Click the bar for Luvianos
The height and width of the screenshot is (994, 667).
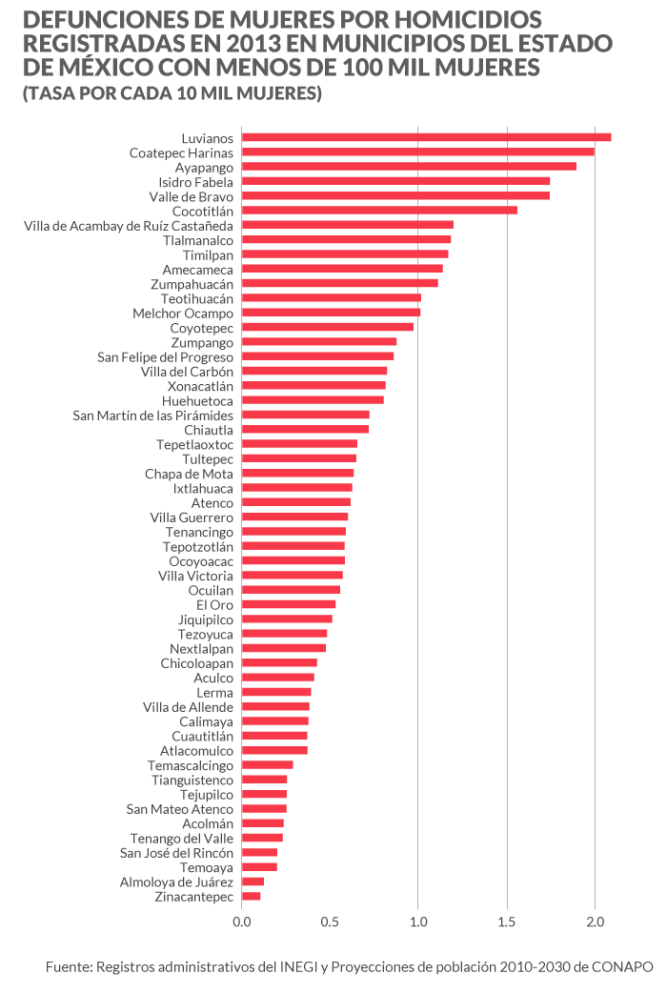[x=426, y=137]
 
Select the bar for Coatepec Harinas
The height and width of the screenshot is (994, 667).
[x=417, y=152]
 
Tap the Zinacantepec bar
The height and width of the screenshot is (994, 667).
[x=251, y=897]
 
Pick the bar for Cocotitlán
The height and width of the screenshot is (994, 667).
[x=379, y=211]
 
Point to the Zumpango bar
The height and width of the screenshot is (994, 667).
[x=319, y=342]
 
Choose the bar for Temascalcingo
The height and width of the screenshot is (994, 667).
[x=267, y=765]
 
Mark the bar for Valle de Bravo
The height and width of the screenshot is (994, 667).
[x=395, y=196]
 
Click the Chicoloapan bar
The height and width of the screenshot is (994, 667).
[x=279, y=663]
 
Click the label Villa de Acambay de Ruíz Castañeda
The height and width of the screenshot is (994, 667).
[x=129, y=226]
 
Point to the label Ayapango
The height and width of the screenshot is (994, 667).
[x=204, y=167]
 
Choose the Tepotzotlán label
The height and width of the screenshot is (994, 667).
[x=198, y=547]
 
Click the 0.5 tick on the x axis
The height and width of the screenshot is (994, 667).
[x=330, y=923]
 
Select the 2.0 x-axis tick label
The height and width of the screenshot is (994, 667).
[x=595, y=923]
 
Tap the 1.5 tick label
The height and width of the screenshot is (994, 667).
[x=506, y=923]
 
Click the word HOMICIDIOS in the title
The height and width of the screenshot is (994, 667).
[x=464, y=19]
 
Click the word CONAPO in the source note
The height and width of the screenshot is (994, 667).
[x=625, y=967]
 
